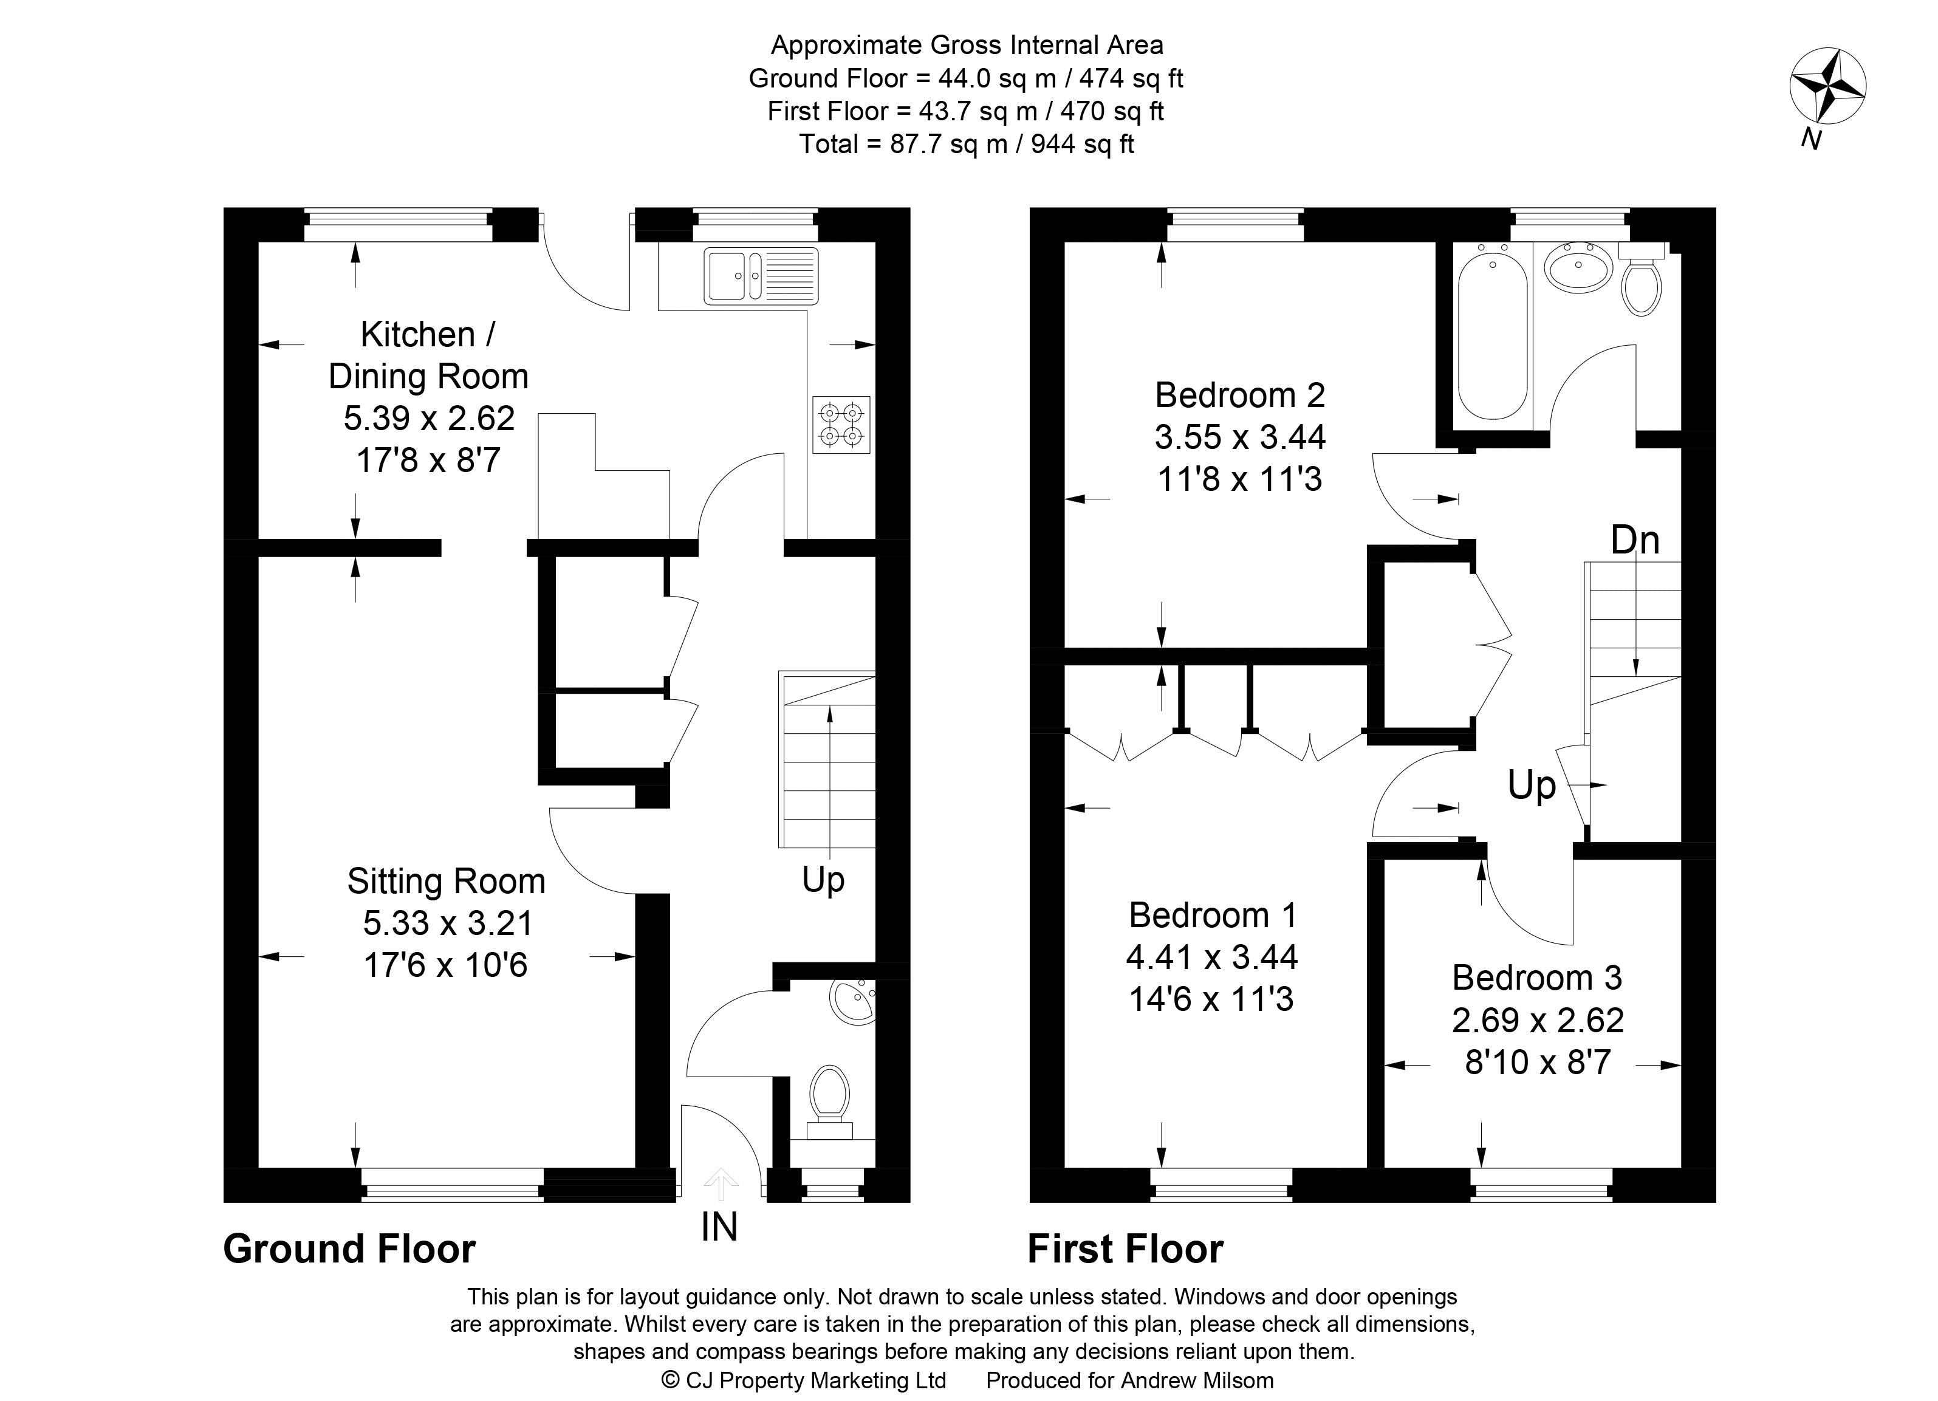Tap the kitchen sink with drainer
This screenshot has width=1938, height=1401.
pos(761,275)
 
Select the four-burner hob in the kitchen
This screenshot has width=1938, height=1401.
pos(841,425)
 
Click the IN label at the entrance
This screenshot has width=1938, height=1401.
pos(719,1228)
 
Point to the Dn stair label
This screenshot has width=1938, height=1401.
pos(1635,540)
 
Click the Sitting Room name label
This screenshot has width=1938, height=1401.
pos(446,881)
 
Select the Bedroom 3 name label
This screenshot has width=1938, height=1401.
pos(1537,978)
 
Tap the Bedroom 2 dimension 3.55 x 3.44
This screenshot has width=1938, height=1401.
pos(1240,437)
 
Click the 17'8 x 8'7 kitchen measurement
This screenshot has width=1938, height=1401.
pos(428,461)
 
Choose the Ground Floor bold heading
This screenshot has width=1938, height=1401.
pos(349,1249)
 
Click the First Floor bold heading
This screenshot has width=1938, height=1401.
pos(1125,1249)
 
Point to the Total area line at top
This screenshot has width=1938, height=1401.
pos(967,143)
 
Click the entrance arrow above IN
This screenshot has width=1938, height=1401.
pos(721,1184)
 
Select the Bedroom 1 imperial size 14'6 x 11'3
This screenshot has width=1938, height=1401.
pos(1211,999)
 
